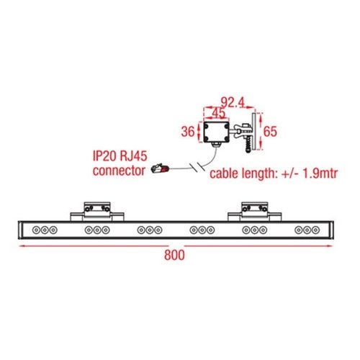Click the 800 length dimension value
tap(174, 255)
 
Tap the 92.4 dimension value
tap(233, 102)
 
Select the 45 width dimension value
tap(219, 113)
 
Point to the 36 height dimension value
tap(188, 132)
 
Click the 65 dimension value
tap(270, 131)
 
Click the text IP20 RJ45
tap(120, 156)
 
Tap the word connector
tap(119, 171)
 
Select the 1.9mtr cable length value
tap(320, 174)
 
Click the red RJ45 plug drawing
tap(160, 168)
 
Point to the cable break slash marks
tap(197, 167)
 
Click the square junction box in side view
tap(216, 132)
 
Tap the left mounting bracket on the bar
tap(97, 212)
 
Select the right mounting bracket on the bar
tap(254, 212)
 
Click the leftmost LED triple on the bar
tap(45, 230)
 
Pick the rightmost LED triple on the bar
tap(307, 230)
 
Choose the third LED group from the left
tap(150, 230)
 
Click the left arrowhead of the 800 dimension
tap(22, 246)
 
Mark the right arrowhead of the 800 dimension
tap(330, 246)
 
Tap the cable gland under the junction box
tap(216, 145)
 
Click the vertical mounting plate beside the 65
tap(253, 132)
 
